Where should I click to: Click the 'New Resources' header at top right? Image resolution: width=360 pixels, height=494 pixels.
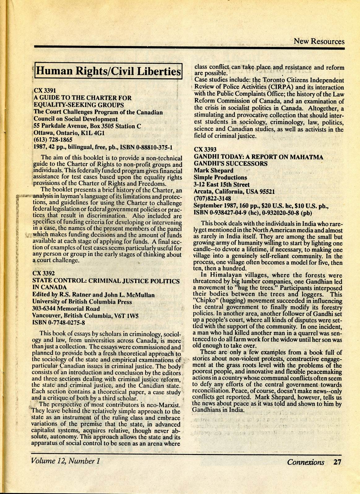point(319,41)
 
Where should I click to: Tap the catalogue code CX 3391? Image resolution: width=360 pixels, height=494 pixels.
point(45,91)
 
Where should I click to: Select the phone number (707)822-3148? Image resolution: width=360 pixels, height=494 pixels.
point(212,198)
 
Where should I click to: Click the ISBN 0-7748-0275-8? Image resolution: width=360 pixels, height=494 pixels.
point(59,322)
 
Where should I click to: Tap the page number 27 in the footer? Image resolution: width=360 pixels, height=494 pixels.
point(337,462)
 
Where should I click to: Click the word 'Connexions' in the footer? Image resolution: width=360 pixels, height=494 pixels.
point(306,462)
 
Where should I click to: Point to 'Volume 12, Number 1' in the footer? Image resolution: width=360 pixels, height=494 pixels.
point(65,461)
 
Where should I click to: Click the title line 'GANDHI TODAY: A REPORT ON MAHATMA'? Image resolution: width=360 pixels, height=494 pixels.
point(258,157)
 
